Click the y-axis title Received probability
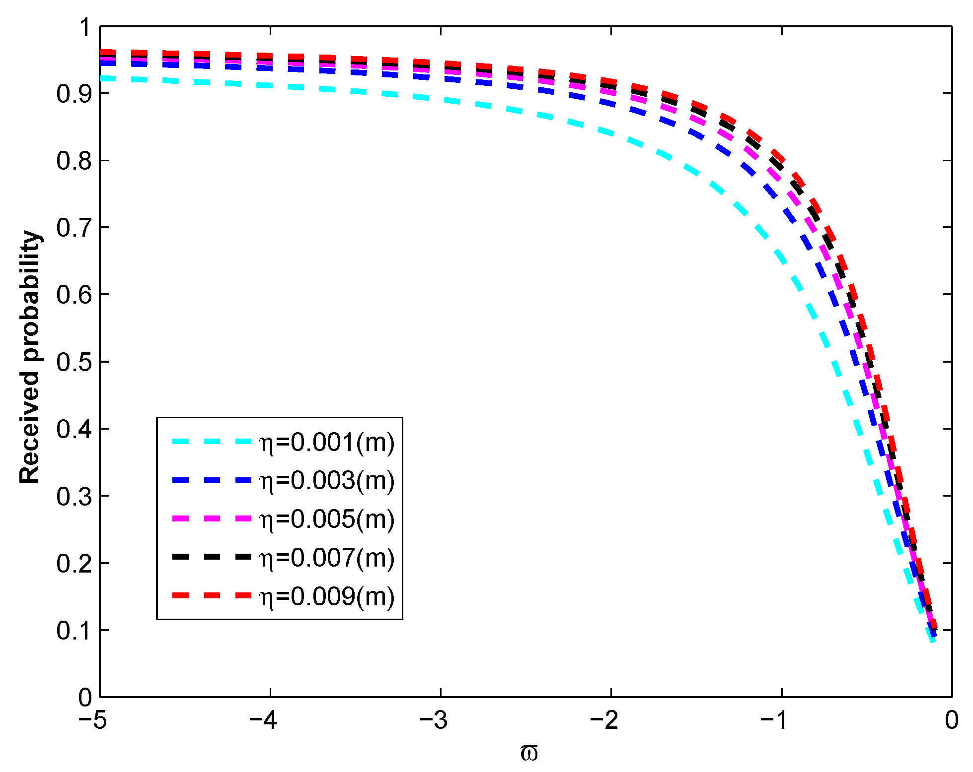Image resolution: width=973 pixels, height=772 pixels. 30,357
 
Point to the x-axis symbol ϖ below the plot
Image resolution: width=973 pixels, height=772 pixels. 529,753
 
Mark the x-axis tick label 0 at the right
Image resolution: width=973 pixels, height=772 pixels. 951,720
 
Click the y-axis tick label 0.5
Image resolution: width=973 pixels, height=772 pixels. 74,362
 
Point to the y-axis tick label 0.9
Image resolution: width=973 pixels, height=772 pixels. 74,94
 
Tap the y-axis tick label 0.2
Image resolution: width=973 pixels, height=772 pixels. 74,564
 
